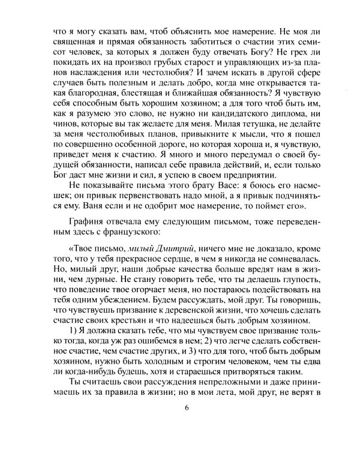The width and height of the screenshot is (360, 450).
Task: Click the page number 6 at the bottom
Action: [x=187, y=409]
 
